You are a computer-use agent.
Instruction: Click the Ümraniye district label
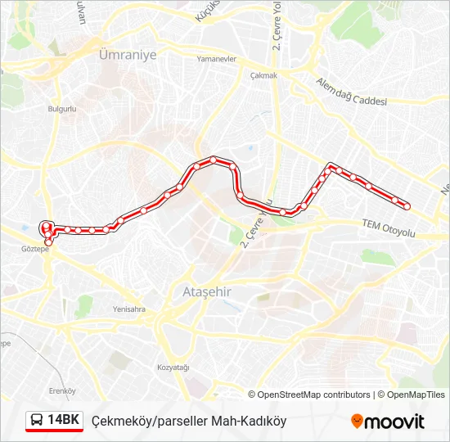tap(127, 54)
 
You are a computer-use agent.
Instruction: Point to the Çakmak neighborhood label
tap(264, 74)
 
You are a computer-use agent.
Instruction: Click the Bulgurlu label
tap(62, 108)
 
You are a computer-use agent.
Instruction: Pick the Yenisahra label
tap(129, 309)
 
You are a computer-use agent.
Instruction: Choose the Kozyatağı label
tap(173, 368)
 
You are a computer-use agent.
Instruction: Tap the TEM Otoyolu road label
tap(389, 229)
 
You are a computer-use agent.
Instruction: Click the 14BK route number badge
tap(63, 421)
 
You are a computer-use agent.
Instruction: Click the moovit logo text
tap(394, 422)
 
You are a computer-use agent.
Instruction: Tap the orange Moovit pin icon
tap(357, 422)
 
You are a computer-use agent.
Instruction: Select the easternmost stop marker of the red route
tap(407, 205)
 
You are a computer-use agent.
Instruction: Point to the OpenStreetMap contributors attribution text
tap(314, 395)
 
